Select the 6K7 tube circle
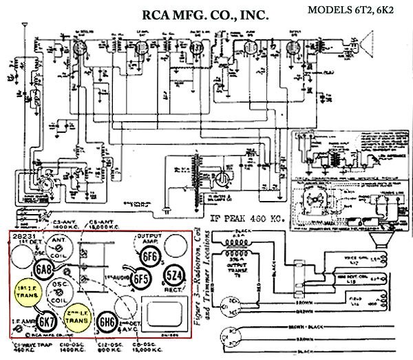(x=46, y=321)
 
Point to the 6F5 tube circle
(x=140, y=279)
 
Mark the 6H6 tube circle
(x=107, y=321)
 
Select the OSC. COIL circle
(x=61, y=295)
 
